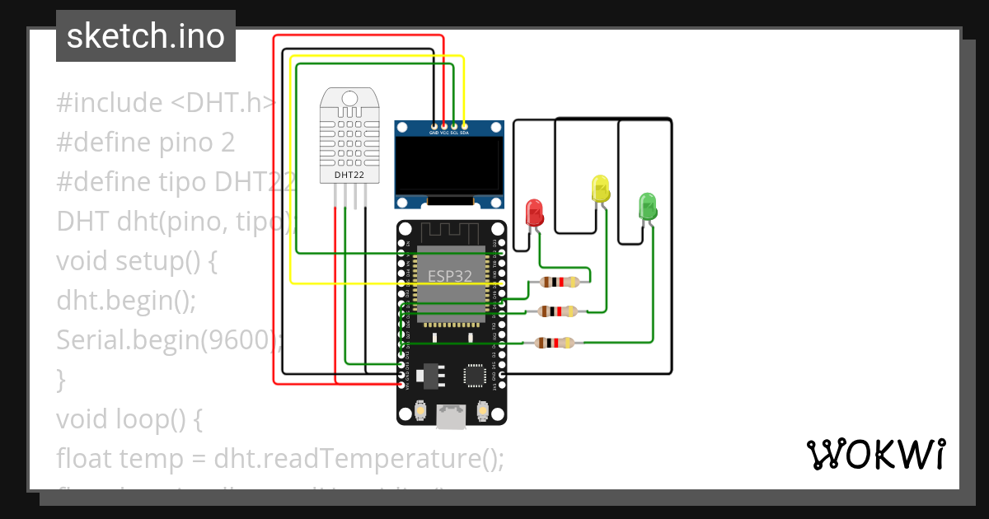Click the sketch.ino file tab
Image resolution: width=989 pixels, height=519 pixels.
point(146,36)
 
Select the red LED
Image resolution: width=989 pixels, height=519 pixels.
point(534,213)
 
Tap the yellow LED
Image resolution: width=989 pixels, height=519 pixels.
point(600,189)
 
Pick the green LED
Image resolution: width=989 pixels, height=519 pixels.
point(648,206)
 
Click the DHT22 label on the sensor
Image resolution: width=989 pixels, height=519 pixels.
point(349,175)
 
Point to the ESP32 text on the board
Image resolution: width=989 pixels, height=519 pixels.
point(450,276)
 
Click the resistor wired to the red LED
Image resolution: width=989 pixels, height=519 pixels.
point(559,283)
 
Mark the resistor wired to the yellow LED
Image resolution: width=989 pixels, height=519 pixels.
point(558,311)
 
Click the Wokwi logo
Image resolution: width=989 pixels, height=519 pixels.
point(874,454)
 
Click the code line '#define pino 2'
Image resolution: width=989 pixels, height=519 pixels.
point(146,143)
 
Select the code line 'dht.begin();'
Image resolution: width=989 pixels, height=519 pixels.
point(126,301)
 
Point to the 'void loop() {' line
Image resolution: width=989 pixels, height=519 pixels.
point(129,419)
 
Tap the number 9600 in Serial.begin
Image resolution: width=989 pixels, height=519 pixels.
point(244,340)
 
